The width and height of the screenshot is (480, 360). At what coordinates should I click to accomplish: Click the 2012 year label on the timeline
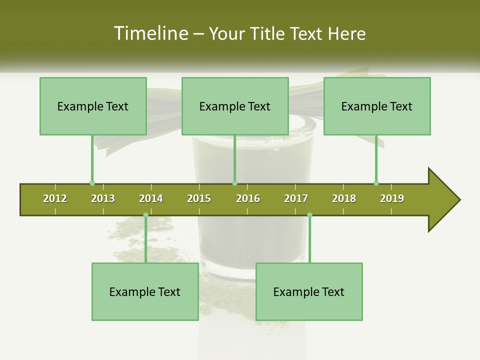pyautogui.click(x=55, y=198)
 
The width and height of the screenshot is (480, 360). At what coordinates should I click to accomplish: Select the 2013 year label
pyautogui.click(x=103, y=198)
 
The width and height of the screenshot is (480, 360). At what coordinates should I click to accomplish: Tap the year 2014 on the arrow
pyautogui.click(x=151, y=198)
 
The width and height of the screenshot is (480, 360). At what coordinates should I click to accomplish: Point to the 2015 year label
pyautogui.click(x=199, y=198)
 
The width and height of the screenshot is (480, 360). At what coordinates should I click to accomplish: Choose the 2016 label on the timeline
pyautogui.click(x=248, y=198)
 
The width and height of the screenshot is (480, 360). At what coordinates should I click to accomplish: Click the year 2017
pyautogui.click(x=296, y=198)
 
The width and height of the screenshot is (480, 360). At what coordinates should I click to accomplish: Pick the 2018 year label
pyautogui.click(x=344, y=198)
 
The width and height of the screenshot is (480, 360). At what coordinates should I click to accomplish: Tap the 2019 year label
pyautogui.click(x=392, y=198)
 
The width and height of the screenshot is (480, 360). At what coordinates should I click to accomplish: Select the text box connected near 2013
pyautogui.click(x=93, y=106)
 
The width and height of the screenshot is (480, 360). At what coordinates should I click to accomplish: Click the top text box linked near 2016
pyautogui.click(x=235, y=106)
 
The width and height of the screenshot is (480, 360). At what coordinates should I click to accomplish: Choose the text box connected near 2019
pyautogui.click(x=377, y=106)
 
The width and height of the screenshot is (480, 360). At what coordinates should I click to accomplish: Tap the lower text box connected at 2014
pyautogui.click(x=145, y=291)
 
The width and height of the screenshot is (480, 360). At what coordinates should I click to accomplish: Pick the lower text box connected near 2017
pyautogui.click(x=309, y=291)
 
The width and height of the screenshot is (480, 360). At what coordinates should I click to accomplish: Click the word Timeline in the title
pyautogui.click(x=149, y=33)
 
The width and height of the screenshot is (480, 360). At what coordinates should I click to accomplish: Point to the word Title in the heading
pyautogui.click(x=269, y=34)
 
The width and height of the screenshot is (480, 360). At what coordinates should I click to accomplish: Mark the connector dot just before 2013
pyautogui.click(x=92, y=183)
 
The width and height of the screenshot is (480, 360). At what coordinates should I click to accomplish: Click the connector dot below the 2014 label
pyautogui.click(x=145, y=215)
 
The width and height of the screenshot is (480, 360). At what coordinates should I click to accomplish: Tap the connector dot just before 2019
pyautogui.click(x=376, y=183)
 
